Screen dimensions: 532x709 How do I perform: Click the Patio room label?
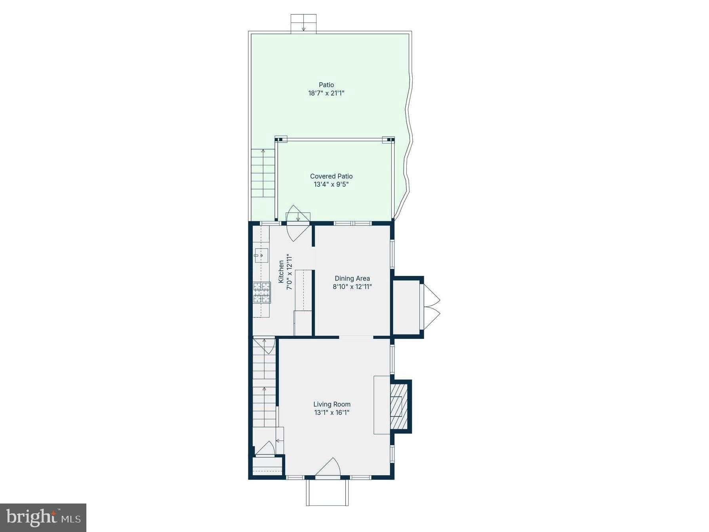pos(326,85)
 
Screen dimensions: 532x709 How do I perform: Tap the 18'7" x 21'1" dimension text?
pos(326,93)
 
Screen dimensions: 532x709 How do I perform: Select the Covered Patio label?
pos(331,176)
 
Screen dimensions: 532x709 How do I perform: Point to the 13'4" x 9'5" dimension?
pos(331,184)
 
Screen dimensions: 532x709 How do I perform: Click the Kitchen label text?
pos(281,272)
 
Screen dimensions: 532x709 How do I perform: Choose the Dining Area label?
pos(352,278)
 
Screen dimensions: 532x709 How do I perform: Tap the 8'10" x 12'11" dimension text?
pos(352,287)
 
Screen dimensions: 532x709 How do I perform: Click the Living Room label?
pos(332,404)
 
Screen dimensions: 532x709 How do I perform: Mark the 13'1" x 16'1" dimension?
pos(332,412)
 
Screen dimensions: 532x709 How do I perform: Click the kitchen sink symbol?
pos(261,255)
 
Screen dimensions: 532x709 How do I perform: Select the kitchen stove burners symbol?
pos(262,293)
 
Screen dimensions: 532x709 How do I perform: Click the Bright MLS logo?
pos(43,517)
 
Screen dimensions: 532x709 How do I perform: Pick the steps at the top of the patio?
pos(303,23)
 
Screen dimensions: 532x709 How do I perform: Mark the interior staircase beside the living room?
pos(265,388)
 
